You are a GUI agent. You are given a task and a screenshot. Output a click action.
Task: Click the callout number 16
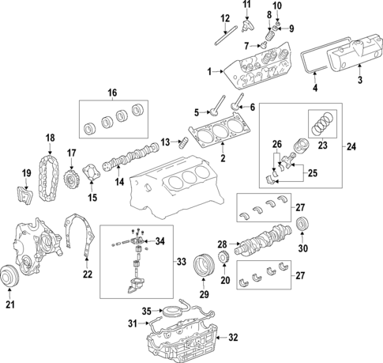[x=111, y=93]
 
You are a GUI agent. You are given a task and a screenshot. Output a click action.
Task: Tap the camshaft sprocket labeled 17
[x=71, y=176]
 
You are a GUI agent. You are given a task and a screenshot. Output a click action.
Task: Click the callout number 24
[x=351, y=146]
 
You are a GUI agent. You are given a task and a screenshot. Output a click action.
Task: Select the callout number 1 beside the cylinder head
[x=209, y=72]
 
